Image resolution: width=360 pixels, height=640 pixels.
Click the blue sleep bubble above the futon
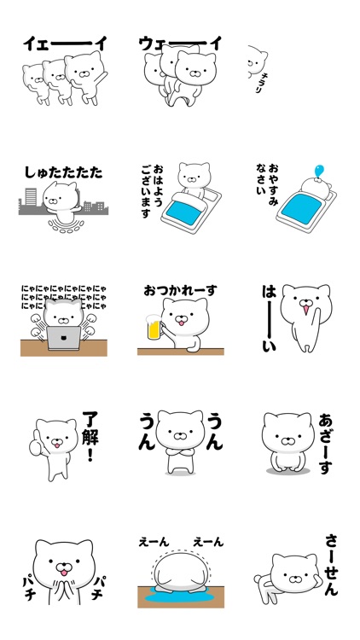tap(320, 171)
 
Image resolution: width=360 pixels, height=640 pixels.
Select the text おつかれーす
tap(180, 290)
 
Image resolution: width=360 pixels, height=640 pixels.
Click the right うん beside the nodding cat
tap(214, 432)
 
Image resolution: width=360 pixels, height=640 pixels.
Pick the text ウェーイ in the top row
tap(180, 43)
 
